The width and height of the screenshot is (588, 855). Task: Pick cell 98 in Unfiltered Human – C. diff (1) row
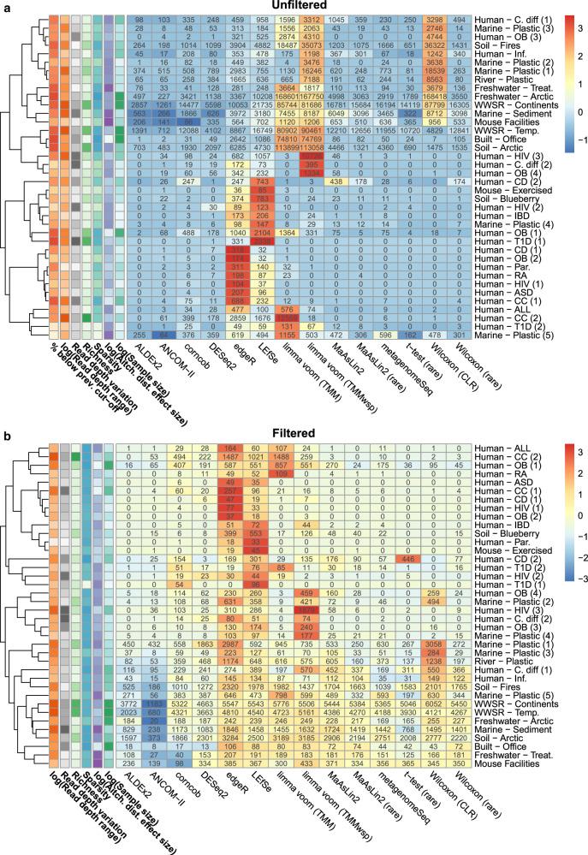tap(139, 19)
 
